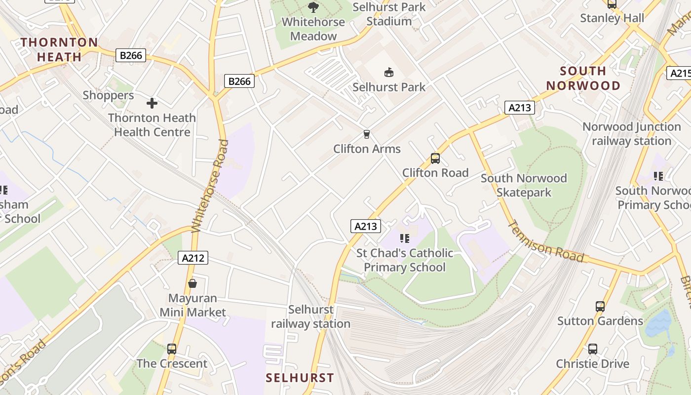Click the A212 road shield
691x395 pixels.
[x=193, y=258]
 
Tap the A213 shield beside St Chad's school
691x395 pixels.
[x=366, y=226]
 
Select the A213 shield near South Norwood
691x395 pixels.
[x=519, y=108]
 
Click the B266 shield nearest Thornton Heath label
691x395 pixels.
[x=131, y=55]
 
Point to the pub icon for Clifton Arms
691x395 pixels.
[x=366, y=134]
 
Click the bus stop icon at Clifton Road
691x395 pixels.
[x=435, y=158]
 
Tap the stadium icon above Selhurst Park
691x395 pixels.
[x=389, y=73]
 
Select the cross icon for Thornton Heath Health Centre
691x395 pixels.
[x=152, y=103]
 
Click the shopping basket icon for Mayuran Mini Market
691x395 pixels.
[x=192, y=283]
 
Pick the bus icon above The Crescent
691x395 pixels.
[x=171, y=349]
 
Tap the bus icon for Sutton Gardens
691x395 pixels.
[x=600, y=306]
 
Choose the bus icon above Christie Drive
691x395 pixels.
[x=592, y=349]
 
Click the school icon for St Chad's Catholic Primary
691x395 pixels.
[x=405, y=238]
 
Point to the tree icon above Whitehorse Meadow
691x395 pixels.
[x=313, y=7]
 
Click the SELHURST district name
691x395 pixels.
[x=300, y=378]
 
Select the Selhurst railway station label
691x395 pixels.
[x=310, y=316]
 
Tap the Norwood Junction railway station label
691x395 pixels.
[x=631, y=134]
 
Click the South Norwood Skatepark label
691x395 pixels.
[x=523, y=185]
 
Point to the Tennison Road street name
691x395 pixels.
[x=546, y=241]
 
